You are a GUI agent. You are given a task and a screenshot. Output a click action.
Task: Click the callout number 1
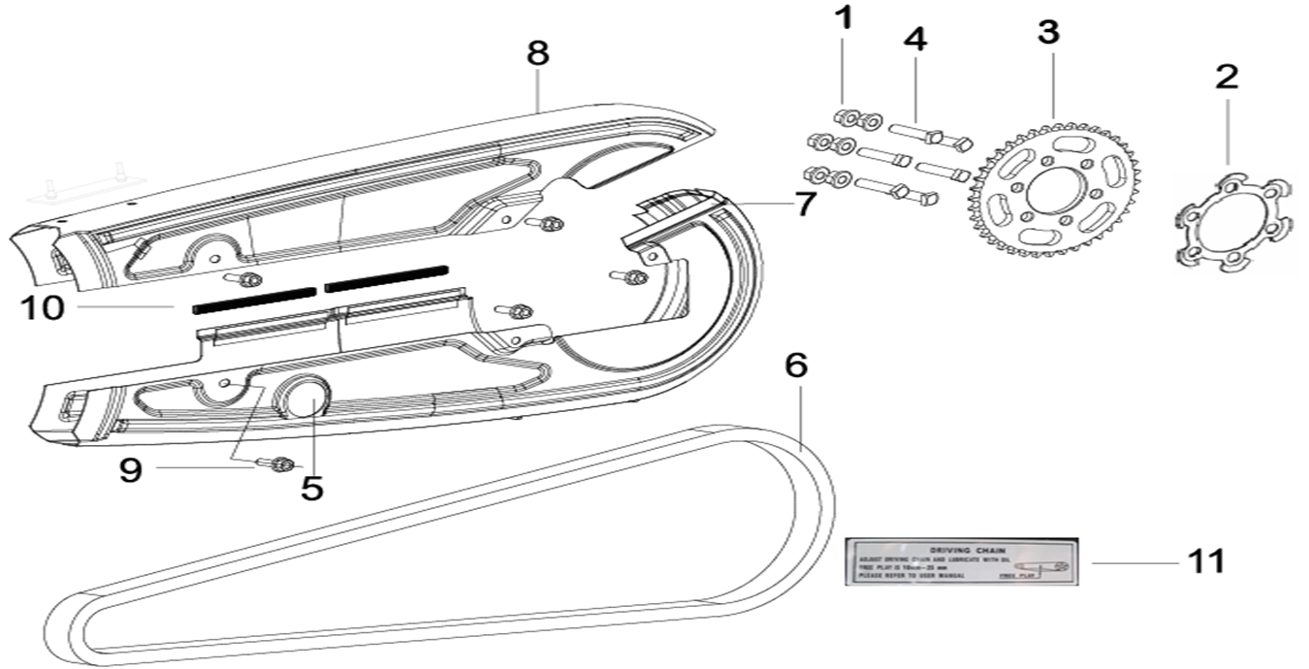pos(846,18)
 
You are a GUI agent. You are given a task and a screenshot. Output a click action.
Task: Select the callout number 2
pos(1227,77)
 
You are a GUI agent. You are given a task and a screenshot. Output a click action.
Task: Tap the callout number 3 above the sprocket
pos(1048,31)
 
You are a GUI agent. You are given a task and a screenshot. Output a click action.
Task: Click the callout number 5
pos(311,488)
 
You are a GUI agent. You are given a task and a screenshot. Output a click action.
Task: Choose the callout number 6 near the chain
pos(795,366)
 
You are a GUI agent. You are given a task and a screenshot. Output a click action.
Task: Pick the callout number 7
pos(805,205)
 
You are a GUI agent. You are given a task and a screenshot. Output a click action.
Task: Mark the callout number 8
pos(538,52)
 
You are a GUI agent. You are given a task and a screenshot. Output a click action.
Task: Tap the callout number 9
pos(130,470)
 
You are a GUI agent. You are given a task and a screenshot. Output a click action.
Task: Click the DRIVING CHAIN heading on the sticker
pos(957,549)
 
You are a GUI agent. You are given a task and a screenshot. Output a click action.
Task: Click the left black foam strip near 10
pos(255,299)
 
